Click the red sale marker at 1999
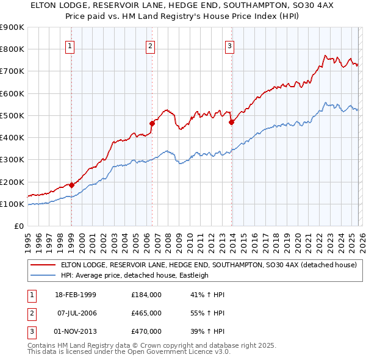71,185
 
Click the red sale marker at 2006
151,123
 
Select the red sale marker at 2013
231,122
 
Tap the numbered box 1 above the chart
71,45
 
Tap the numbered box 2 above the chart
151,45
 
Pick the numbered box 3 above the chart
230,45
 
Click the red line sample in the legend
42,265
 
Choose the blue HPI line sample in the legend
42,275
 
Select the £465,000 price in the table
146,313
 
